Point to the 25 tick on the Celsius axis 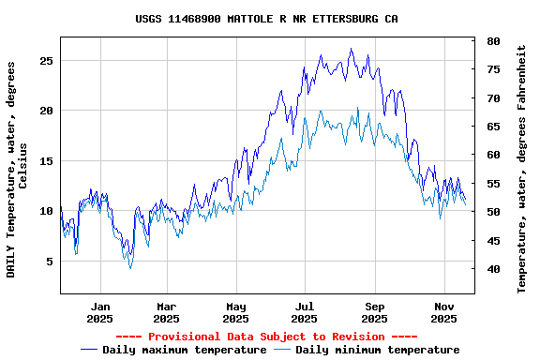(47, 60)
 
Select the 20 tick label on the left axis (47, 111)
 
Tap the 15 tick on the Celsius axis (47, 161)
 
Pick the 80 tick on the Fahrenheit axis (492, 41)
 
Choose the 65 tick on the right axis (492, 127)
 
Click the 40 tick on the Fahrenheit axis (492, 270)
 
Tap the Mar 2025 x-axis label (166, 312)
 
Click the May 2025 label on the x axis (235, 312)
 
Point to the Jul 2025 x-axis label (305, 312)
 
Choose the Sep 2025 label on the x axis (374, 312)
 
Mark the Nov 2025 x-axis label (443, 312)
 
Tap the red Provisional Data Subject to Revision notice (266, 337)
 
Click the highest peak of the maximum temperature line (352, 49)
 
